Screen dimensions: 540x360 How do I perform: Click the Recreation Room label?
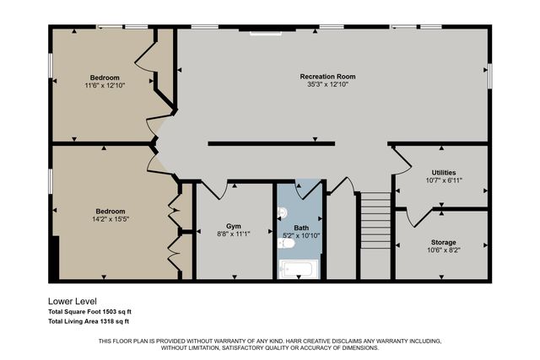tap(327, 77)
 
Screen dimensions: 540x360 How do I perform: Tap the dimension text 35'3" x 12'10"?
tap(328, 84)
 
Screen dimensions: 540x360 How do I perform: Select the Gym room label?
tap(234, 226)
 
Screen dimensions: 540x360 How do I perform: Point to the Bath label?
tap(301, 228)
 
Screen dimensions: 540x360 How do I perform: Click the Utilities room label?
tap(444, 173)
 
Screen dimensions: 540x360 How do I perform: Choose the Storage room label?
tap(444, 242)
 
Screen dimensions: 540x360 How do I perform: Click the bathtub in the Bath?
tap(299, 269)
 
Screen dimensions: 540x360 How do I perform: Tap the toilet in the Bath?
tap(286, 244)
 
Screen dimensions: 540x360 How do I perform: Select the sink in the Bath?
tap(283, 212)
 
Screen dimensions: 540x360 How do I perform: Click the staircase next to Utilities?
tap(375, 220)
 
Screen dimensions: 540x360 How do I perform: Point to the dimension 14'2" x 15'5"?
tap(111, 219)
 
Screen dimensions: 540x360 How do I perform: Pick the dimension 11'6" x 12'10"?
tap(105, 85)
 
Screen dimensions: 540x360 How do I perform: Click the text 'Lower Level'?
tap(73, 302)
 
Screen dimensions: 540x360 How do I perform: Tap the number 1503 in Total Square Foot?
tap(109, 312)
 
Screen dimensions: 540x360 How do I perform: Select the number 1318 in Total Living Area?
tap(106, 321)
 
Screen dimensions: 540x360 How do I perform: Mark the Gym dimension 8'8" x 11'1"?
tap(234, 234)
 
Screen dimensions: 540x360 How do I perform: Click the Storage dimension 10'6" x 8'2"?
tap(444, 250)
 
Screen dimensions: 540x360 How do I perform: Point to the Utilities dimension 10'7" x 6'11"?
tap(444, 180)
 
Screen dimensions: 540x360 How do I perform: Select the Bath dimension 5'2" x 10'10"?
tap(301, 236)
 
